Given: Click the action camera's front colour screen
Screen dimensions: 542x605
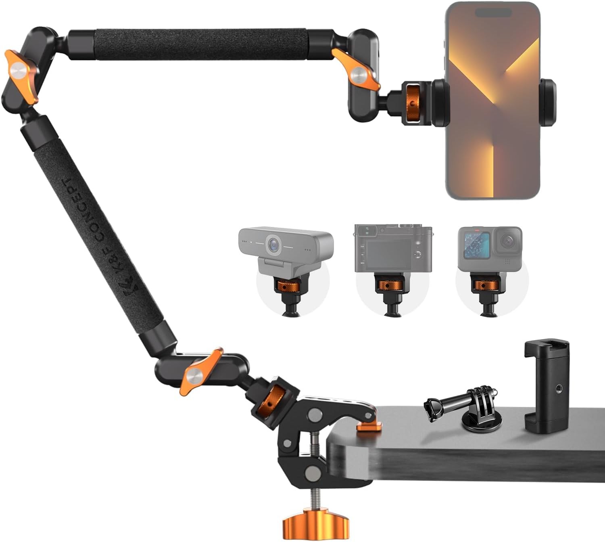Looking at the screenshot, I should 476,246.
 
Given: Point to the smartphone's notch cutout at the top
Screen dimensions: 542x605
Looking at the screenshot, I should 493,13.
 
